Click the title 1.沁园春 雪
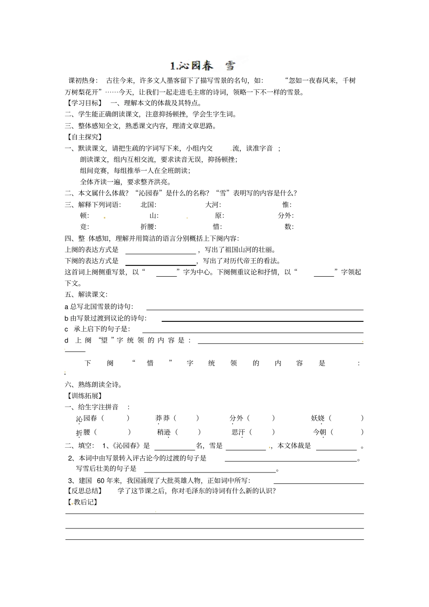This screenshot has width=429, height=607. coord(203,66)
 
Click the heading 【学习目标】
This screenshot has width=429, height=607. coord(84,103)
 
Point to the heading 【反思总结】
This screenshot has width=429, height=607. coord(84,491)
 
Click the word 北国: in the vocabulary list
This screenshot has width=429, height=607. coord(148,204)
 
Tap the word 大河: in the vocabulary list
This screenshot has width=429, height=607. coord(213,204)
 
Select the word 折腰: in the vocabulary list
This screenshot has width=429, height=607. coord(149,227)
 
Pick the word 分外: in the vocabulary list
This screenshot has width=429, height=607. coord(285,216)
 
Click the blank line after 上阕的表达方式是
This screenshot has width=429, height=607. coord(160,253)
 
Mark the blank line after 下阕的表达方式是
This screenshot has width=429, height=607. coord(160,264)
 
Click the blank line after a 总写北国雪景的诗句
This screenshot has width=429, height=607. coord(255,309)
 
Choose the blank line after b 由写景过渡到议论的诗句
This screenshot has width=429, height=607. coord(262,320)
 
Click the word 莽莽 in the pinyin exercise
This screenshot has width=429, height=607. coord(163,418)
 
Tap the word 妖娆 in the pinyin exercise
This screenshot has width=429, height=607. coord(318,418)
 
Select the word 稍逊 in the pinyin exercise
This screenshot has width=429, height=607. coord(164,432)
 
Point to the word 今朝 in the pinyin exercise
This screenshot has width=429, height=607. coord(319,432)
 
